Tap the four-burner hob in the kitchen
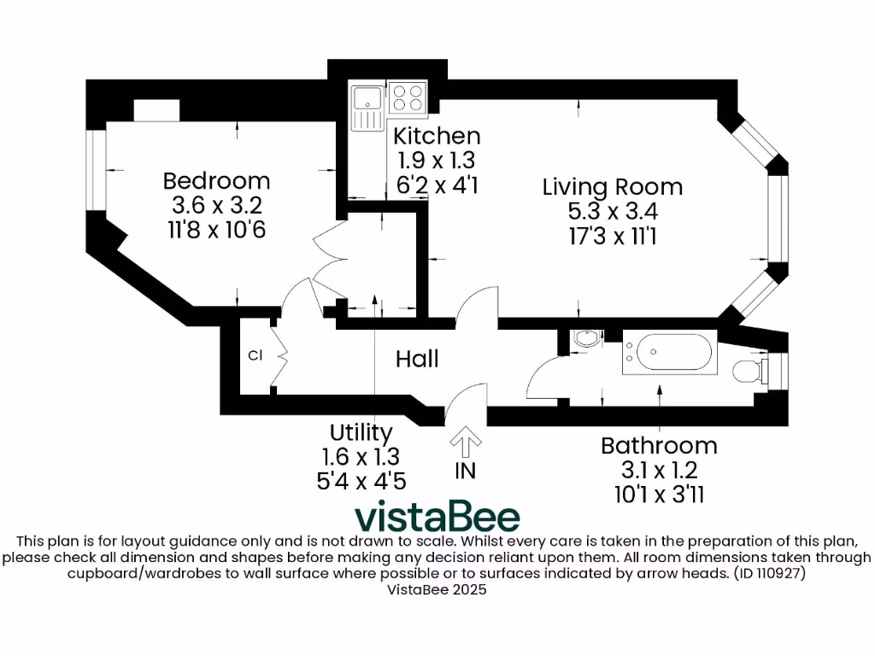pos(408,97)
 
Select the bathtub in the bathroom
pos(667,351)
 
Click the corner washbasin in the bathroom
pos(587,339)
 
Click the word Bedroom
pos(216,181)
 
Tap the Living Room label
pos(613,186)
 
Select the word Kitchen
pos(437,136)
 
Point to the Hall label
pos(417,359)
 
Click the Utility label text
pos(361,432)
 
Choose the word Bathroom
pos(659,445)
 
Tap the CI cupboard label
pos(255,355)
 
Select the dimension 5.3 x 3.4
pos(613,210)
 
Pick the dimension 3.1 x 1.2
pos(659,469)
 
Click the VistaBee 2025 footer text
pos(437,589)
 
